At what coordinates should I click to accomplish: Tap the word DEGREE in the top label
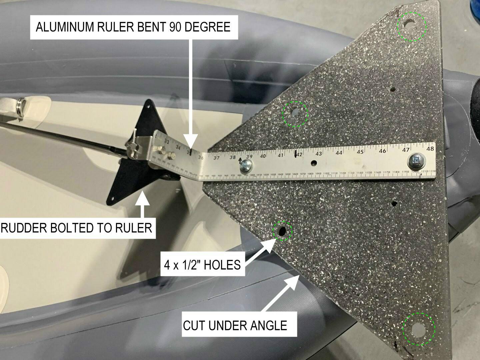(207, 27)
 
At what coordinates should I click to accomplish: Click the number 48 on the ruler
(430, 149)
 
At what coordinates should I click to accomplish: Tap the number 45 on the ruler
(360, 152)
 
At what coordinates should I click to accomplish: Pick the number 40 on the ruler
(263, 155)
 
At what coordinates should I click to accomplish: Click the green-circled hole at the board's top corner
(410, 25)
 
